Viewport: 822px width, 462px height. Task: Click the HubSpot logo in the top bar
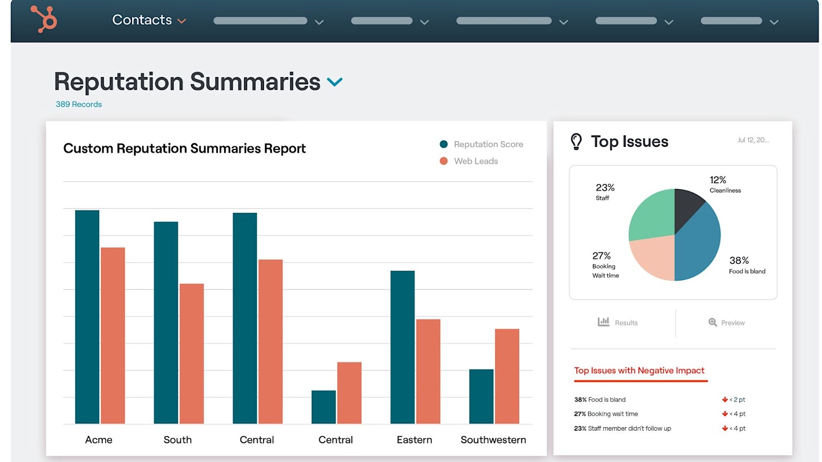point(44,19)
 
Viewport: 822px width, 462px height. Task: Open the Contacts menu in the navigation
point(148,20)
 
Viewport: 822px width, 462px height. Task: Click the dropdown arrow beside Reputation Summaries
point(334,82)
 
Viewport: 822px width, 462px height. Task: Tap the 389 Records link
point(79,104)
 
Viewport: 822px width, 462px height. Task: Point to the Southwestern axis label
point(493,440)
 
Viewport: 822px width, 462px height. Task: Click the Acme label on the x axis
point(99,440)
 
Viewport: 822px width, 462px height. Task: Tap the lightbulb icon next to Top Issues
point(576,141)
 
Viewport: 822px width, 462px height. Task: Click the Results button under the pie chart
point(618,322)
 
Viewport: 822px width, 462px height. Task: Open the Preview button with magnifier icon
point(726,322)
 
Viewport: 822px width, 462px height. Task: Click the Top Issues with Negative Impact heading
point(639,371)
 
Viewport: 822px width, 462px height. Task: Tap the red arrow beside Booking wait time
point(724,414)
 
